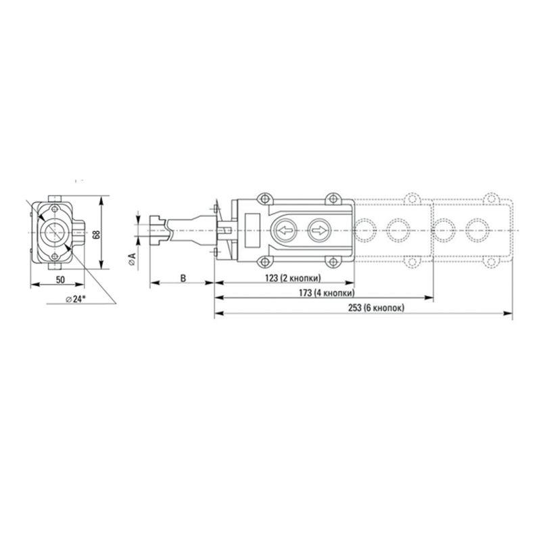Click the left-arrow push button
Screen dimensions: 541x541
(x=285, y=231)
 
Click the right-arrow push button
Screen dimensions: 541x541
(x=318, y=231)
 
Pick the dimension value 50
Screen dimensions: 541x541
(x=60, y=279)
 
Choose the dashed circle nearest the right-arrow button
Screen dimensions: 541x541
(x=364, y=230)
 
